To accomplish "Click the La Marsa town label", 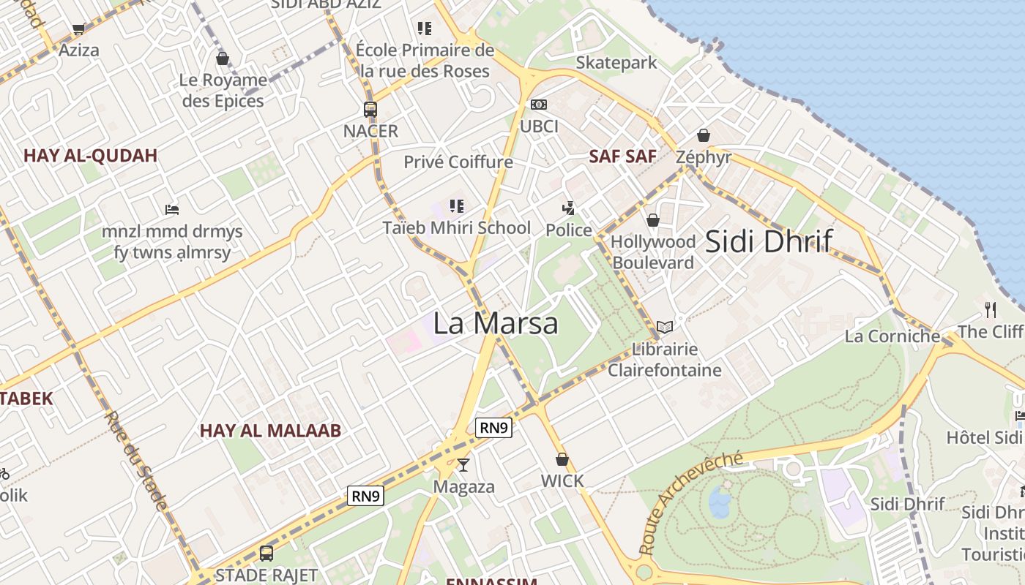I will tap(496, 323).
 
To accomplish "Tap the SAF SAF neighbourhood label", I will tap(623, 156).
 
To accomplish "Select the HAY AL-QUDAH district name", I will tap(91, 156).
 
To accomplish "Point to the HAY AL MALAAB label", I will tap(271, 431).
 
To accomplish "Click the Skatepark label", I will tap(616, 63).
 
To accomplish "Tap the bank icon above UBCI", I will tap(539, 105).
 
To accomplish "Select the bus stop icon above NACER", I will tap(370, 110).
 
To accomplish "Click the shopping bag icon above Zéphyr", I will tap(704, 135).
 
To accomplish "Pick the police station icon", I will tap(568, 208).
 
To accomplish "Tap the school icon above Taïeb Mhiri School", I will tap(457, 206).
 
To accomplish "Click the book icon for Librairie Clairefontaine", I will tap(664, 328).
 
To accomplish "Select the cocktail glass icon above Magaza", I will tap(463, 464).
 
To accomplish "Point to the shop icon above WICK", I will tap(562, 459).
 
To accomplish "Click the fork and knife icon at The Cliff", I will tap(991, 309).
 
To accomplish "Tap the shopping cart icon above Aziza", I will tap(78, 29).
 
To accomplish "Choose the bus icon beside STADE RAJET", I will tap(266, 554).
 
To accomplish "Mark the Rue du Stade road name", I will tap(136, 460).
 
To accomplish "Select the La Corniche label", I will tap(892, 336).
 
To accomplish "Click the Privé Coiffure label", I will tap(458, 162).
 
